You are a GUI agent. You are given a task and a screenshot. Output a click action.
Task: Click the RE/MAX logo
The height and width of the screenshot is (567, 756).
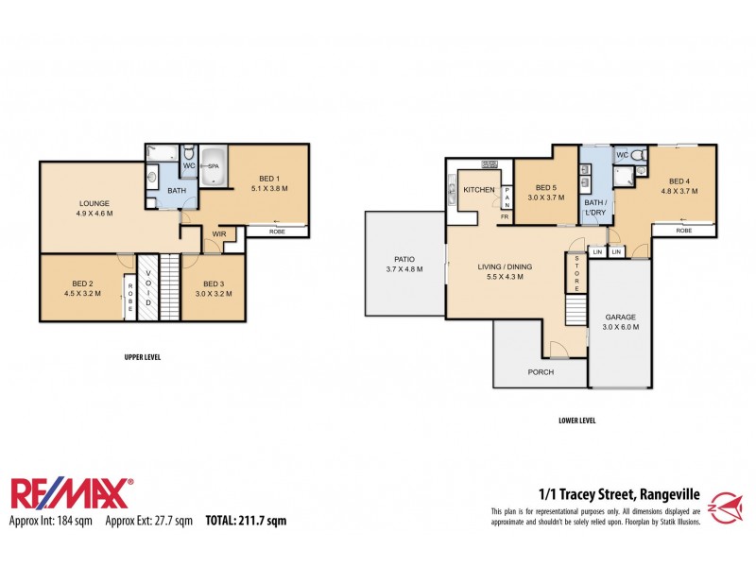coord(71,494)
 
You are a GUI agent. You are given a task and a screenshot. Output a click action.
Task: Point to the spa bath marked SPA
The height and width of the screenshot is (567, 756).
coord(214,165)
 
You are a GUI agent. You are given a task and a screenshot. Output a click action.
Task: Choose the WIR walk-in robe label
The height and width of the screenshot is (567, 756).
coord(219,233)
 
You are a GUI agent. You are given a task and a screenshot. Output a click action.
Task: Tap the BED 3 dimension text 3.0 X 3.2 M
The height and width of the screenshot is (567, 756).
coord(213,294)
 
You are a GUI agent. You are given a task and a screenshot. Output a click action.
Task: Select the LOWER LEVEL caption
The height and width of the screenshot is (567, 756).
coord(576,421)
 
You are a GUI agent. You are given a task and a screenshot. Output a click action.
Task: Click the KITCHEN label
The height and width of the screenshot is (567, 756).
coord(478,190)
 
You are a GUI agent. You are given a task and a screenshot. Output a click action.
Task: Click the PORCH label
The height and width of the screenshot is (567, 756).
coord(540,371)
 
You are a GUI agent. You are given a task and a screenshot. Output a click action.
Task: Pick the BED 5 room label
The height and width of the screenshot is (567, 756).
coord(546,187)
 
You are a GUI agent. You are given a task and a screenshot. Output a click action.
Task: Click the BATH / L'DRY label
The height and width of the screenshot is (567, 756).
coord(594,206)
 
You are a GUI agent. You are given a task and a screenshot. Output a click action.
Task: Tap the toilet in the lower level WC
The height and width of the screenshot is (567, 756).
coord(639,155)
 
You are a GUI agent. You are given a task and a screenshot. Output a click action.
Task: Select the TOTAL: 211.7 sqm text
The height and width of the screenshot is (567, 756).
coord(246,521)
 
